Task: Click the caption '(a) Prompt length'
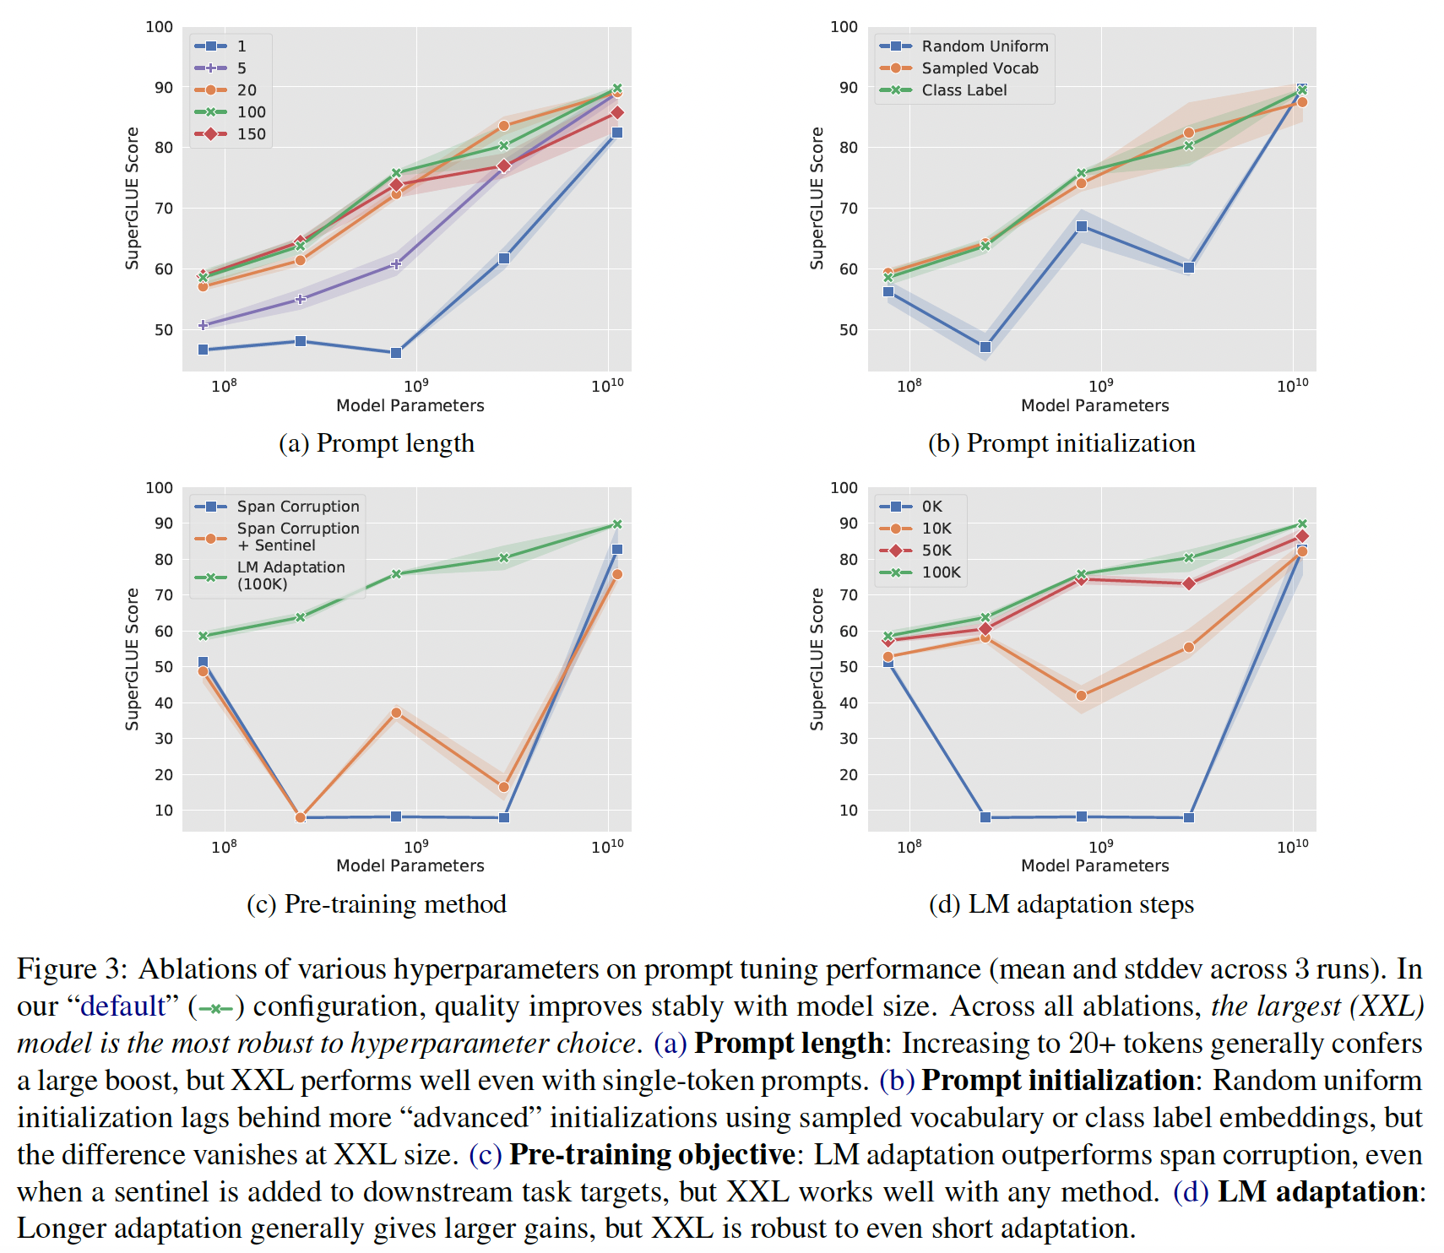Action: pos(377,443)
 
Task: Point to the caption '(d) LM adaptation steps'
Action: pos(1061,904)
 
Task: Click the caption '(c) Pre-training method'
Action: pos(377,904)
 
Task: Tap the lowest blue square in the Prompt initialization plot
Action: pos(985,347)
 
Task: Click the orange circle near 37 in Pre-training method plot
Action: pos(396,713)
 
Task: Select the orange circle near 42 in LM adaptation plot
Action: pos(1081,696)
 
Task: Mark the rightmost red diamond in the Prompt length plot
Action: pos(617,112)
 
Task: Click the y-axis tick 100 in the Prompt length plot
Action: pos(159,27)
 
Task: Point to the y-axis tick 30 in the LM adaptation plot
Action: pos(848,739)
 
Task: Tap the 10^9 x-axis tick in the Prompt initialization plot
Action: pos(1100,386)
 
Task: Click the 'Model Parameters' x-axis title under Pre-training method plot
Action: pos(410,865)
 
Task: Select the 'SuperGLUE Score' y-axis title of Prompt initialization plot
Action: pos(817,198)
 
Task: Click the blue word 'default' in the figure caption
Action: pos(122,1006)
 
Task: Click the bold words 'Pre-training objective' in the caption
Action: pos(652,1155)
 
